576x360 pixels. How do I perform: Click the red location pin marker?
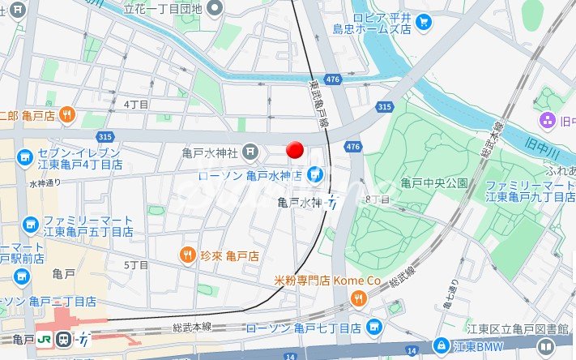(296, 150)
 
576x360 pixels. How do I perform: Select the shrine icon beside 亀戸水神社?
(250, 152)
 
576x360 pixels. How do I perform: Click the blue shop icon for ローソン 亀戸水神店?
(314, 174)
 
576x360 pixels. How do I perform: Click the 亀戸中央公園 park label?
(435, 182)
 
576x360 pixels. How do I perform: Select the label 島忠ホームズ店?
(367, 29)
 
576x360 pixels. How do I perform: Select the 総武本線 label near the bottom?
(191, 326)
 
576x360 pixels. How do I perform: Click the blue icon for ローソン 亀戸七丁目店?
(373, 328)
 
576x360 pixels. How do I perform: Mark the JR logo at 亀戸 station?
(46, 339)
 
